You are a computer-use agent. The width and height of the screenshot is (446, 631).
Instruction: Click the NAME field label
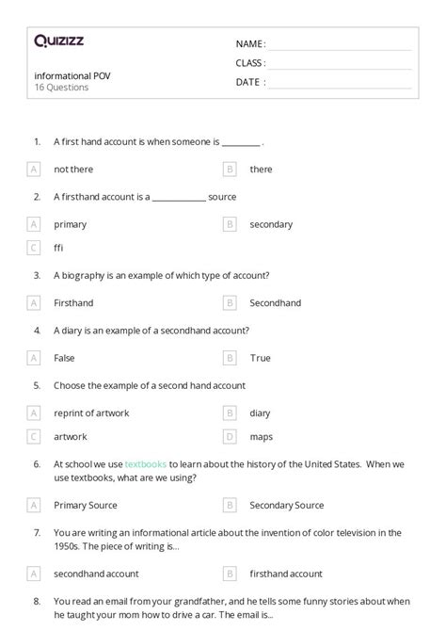coord(250,44)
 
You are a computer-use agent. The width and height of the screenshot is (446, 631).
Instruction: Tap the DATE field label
coord(250,82)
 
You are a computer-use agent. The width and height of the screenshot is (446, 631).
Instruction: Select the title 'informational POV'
coord(72,75)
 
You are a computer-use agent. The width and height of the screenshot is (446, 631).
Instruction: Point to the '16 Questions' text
coord(61,88)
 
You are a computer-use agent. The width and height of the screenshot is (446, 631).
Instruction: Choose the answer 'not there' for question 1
coord(73,170)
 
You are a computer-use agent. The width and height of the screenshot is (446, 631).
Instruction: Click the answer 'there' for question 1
coord(261,170)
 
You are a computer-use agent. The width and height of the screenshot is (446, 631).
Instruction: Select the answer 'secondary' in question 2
coord(271,224)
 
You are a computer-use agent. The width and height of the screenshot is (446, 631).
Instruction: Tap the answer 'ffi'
coord(59,248)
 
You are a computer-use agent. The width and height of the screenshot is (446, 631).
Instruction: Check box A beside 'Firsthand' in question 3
coord(34,303)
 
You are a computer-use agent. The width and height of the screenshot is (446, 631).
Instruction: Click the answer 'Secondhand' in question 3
coord(276,303)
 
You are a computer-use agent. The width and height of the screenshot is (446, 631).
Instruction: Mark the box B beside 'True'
coord(230,358)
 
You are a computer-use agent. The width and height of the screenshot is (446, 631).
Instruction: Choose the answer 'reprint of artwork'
coord(91,413)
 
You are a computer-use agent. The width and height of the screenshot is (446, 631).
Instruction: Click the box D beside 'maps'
coord(230,436)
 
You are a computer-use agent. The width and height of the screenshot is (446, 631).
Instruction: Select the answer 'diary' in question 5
coord(260,413)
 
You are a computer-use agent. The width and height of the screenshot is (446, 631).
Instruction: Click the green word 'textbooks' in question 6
coord(146,464)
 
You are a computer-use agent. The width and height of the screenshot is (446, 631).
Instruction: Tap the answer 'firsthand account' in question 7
coord(286,574)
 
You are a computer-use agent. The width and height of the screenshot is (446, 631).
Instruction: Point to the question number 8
coord(37,601)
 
